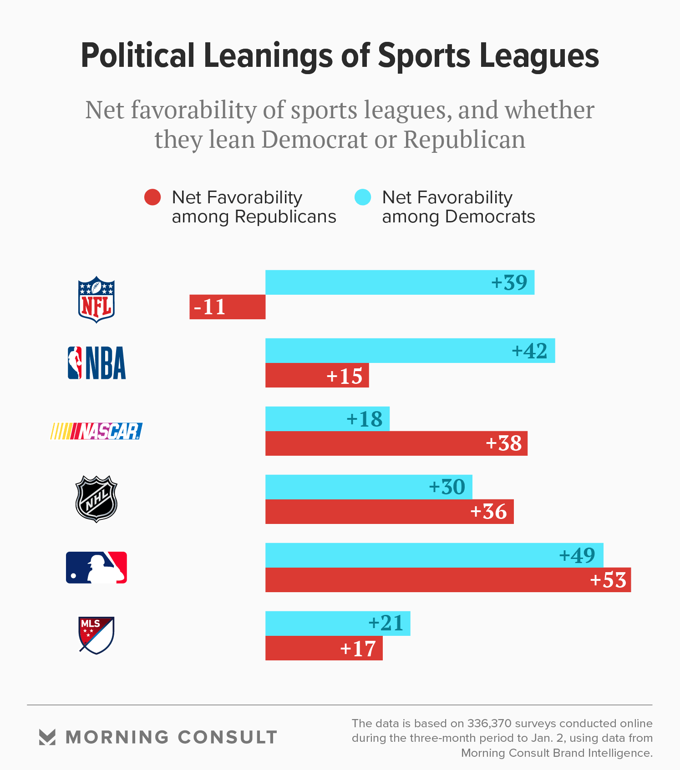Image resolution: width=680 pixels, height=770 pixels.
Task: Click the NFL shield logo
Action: [x=96, y=299]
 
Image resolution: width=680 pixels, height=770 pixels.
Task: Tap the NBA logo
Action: [x=96, y=363]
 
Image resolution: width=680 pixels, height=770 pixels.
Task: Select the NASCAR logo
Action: [x=96, y=431]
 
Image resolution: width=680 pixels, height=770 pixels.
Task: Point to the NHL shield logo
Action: [x=96, y=499]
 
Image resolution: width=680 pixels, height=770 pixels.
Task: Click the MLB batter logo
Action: [x=96, y=568]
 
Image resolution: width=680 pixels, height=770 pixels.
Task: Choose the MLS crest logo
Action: [x=96, y=635]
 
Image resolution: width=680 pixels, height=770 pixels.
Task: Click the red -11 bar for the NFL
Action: [x=228, y=307]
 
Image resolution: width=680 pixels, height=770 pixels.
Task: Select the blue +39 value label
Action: [x=509, y=282]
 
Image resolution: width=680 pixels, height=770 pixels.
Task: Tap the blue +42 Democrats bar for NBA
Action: [x=387, y=351]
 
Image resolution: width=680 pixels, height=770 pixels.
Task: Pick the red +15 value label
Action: [x=344, y=376]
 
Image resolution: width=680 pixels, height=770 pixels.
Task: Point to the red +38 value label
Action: [x=503, y=443]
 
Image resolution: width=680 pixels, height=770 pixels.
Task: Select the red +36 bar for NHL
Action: [x=364, y=512]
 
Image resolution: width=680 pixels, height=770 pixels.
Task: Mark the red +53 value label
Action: [x=608, y=580]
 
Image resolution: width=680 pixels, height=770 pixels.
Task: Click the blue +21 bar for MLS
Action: [x=319, y=624]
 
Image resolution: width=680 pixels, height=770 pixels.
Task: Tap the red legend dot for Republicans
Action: [x=152, y=197]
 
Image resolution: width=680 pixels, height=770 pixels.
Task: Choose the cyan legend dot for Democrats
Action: [x=363, y=197]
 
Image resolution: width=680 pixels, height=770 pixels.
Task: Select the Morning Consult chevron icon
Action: [x=47, y=737]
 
